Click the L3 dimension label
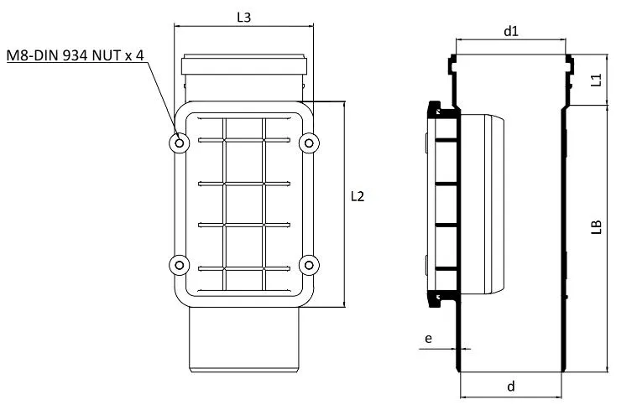(x=243, y=17)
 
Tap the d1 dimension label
(x=510, y=30)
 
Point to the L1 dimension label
(x=596, y=80)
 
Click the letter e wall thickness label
(x=428, y=338)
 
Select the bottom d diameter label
(x=510, y=387)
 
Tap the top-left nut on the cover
(x=179, y=143)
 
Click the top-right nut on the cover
(x=309, y=143)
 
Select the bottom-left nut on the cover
(x=179, y=265)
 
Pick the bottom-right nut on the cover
(x=309, y=265)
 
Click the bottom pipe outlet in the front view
(x=243, y=344)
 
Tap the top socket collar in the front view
(x=244, y=65)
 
